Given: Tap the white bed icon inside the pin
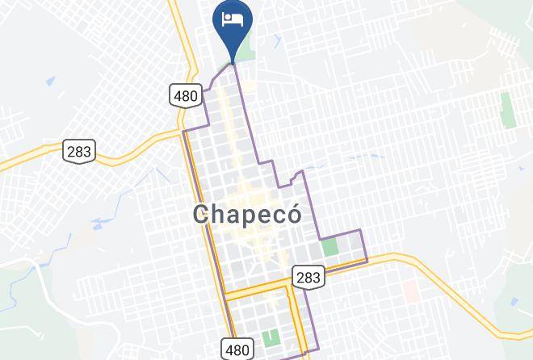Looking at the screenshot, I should [233, 19].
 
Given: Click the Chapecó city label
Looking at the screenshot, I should [247, 215].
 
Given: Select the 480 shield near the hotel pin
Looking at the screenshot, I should [185, 95].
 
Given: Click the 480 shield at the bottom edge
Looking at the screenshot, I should [237, 350].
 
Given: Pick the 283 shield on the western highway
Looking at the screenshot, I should [79, 150].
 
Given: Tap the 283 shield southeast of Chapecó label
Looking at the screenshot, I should [307, 277].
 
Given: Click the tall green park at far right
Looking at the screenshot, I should [507, 109].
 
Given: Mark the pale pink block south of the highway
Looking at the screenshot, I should [409, 288].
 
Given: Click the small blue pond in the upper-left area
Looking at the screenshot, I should [50, 82].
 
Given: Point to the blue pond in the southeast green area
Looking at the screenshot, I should [518, 303].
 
